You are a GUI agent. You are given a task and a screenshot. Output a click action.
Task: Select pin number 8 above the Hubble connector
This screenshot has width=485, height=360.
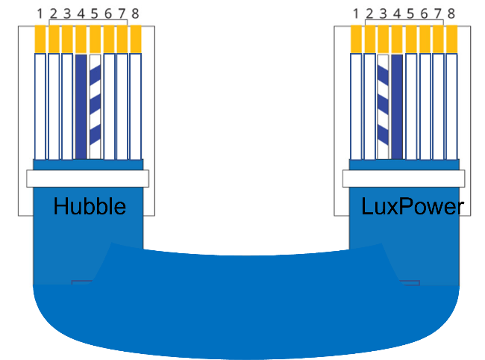136,13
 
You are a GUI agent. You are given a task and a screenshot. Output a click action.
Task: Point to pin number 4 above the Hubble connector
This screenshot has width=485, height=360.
81,13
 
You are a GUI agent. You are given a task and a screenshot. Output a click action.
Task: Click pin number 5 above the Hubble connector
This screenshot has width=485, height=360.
95,13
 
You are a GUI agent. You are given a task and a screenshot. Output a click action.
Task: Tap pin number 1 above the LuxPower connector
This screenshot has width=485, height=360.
356,13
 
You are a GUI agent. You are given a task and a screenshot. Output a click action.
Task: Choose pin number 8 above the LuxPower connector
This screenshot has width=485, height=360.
451,13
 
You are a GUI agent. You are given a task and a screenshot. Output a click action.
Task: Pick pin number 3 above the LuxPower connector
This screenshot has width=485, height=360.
383,13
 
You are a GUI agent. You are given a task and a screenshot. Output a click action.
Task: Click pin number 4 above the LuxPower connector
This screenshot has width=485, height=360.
397,13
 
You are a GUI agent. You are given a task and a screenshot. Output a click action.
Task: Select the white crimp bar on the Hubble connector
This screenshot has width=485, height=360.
87,179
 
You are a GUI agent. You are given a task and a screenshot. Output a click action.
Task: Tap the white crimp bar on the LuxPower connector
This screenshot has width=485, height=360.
404,179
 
